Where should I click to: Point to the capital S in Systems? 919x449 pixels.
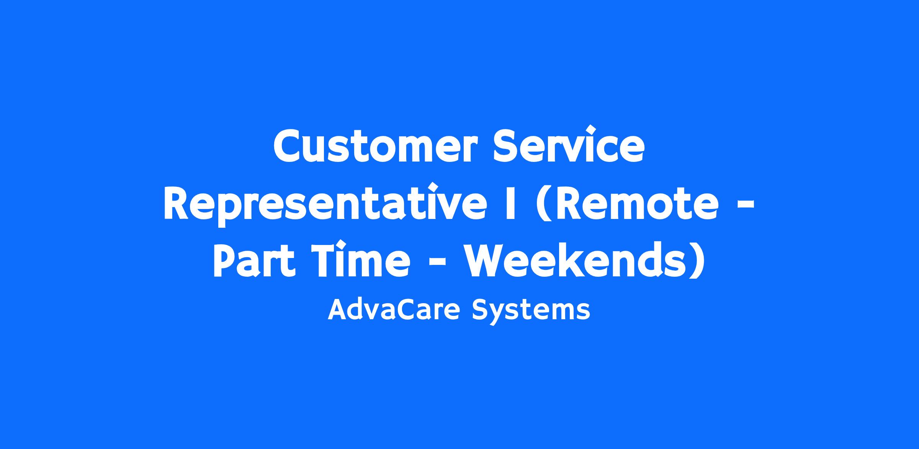481,310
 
